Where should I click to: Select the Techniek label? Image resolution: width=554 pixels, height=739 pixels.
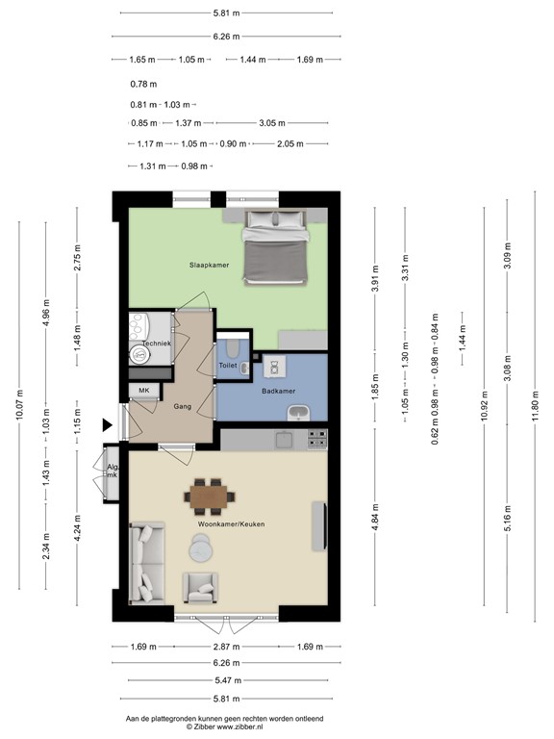[156, 344]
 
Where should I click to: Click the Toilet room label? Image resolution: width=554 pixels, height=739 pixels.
[228, 366]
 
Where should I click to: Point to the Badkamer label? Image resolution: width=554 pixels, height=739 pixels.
[278, 391]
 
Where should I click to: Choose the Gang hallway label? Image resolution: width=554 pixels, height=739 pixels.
[183, 407]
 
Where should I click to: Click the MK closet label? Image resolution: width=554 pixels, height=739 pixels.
[144, 390]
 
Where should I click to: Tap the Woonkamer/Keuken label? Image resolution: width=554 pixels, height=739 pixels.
[231, 523]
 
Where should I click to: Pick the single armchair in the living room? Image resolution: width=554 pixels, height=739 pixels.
[201, 584]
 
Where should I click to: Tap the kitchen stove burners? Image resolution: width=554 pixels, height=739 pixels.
[317, 439]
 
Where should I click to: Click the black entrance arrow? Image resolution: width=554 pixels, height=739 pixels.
[107, 423]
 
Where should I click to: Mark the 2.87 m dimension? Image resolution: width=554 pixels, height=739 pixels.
[226, 647]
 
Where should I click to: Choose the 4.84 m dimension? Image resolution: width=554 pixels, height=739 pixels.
[376, 525]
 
